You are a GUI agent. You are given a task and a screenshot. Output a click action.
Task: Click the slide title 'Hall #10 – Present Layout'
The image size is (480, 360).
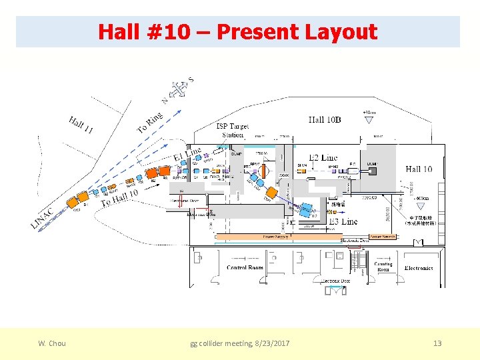click(238, 31)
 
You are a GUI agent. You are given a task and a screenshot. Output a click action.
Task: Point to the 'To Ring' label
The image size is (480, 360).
click(150, 121)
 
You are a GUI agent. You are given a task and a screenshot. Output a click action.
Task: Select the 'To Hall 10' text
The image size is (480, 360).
click(119, 198)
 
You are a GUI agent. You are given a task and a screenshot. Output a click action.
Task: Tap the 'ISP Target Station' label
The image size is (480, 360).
click(233, 130)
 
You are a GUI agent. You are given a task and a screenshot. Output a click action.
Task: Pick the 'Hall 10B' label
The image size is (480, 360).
click(325, 120)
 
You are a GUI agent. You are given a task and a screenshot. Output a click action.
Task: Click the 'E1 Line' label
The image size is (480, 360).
click(187, 155)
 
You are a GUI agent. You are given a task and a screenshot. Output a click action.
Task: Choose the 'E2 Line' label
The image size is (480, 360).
click(323, 157)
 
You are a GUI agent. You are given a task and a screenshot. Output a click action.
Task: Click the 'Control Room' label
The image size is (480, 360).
click(245, 268)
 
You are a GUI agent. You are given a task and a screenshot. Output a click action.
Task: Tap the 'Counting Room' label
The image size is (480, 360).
click(383, 267)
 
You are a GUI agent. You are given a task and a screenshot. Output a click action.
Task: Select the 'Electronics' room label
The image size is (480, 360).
click(419, 268)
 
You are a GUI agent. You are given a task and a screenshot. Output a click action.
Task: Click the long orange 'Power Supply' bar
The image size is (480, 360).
click(277, 237)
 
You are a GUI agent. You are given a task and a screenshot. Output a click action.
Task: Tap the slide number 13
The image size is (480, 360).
click(437, 343)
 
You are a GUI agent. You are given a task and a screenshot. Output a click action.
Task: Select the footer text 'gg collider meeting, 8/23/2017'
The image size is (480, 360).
click(240, 343)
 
